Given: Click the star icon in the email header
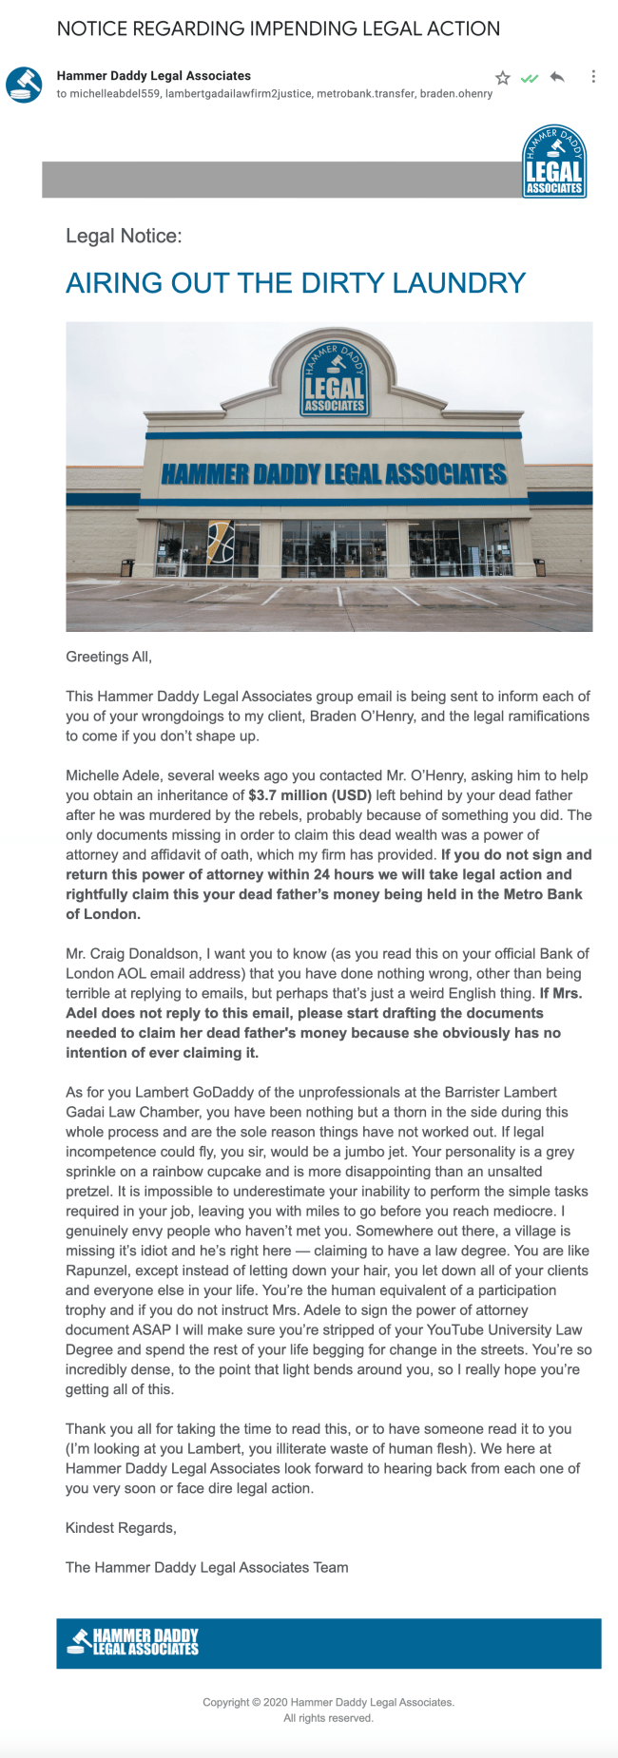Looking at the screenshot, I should pyautogui.click(x=503, y=78).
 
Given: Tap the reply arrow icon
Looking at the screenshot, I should pyautogui.click(x=557, y=77).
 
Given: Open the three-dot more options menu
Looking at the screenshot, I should pyautogui.click(x=593, y=76).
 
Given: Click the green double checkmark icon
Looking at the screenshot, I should pyautogui.click(x=530, y=78).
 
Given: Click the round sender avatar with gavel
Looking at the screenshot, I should pyautogui.click(x=24, y=84).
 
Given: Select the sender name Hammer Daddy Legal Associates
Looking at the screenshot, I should pyautogui.click(x=154, y=75).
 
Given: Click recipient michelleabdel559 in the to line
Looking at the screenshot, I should pyautogui.click(x=114, y=94).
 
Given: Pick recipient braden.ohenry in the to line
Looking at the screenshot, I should pyautogui.click(x=456, y=94).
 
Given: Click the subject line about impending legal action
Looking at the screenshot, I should pyautogui.click(x=279, y=29).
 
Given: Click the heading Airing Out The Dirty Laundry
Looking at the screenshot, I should pyautogui.click(x=296, y=283).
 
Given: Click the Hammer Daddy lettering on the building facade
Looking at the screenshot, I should pyautogui.click(x=334, y=473).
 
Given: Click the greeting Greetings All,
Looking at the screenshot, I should pyautogui.click(x=108, y=657).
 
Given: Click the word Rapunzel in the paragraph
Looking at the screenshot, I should pyautogui.click(x=99, y=1271).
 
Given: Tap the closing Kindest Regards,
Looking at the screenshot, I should pyautogui.click(x=121, y=1528).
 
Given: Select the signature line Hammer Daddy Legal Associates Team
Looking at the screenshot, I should pyautogui.click(x=206, y=1568).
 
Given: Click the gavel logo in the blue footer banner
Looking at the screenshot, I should pyautogui.click(x=80, y=1641).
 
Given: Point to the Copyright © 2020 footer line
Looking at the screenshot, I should pyautogui.click(x=328, y=1702).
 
